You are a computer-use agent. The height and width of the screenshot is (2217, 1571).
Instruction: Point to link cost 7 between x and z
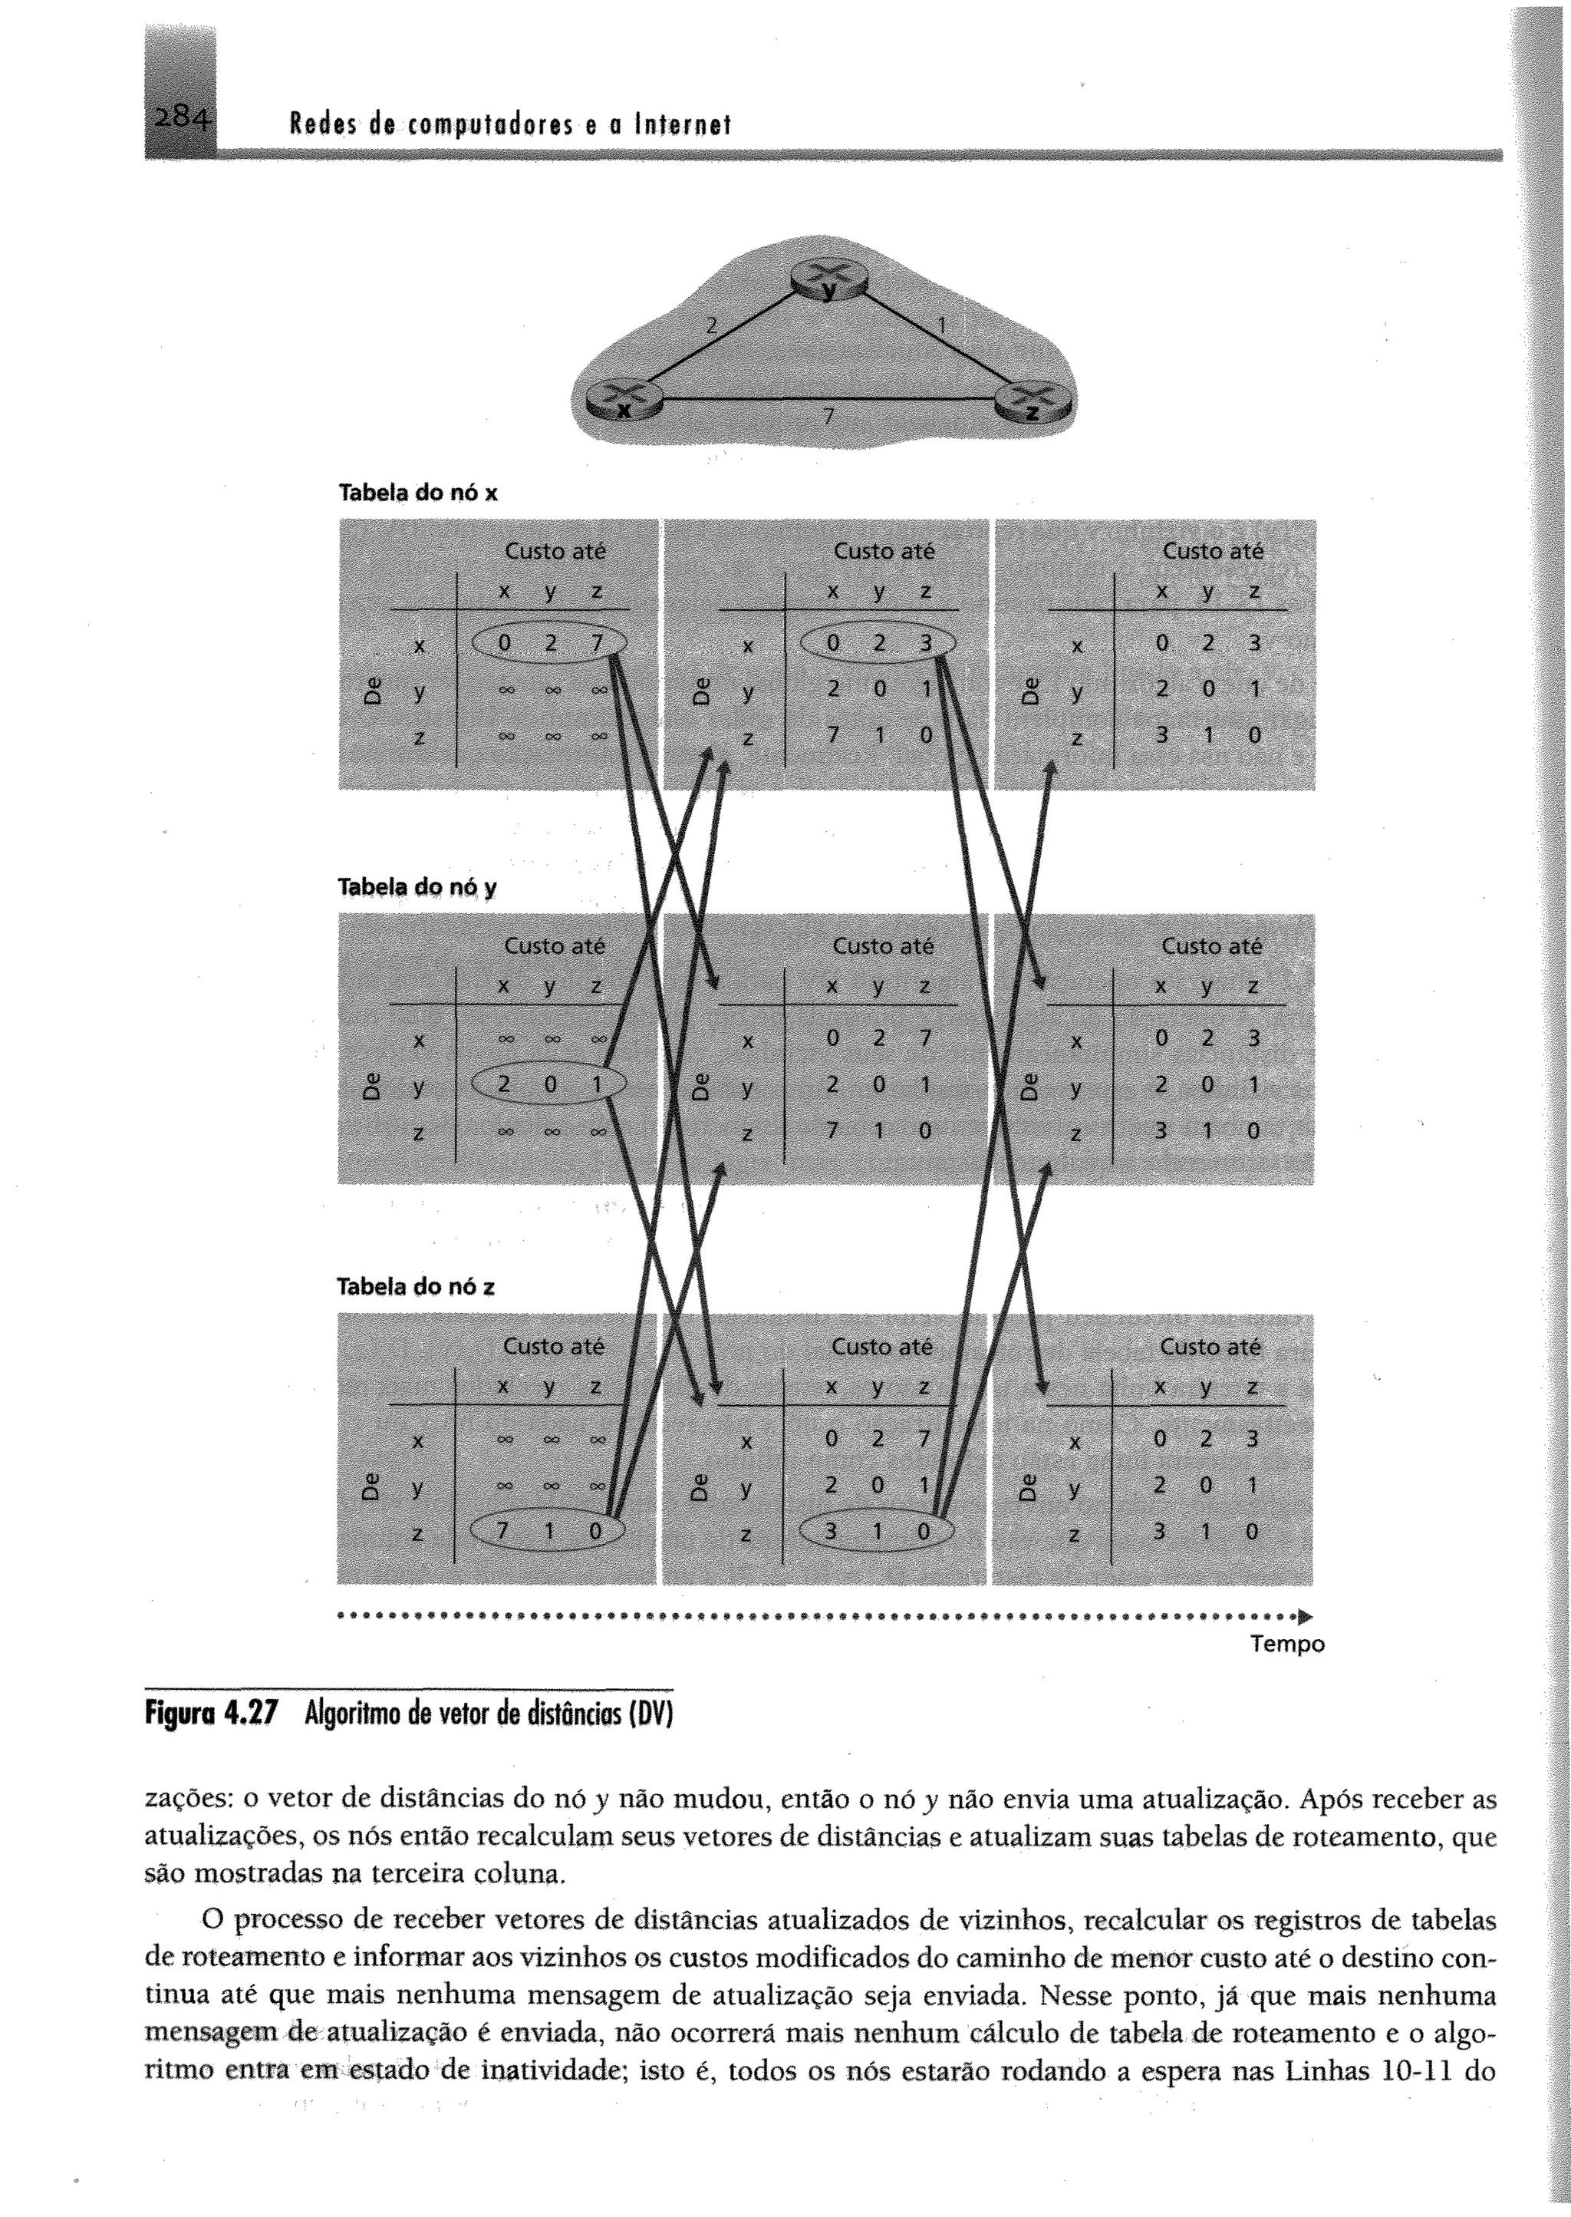pyautogui.click(x=828, y=417)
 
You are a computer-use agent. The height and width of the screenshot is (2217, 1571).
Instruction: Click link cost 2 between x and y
pyautogui.click(x=711, y=326)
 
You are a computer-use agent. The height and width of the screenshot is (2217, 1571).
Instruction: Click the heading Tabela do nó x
pyautogui.click(x=417, y=493)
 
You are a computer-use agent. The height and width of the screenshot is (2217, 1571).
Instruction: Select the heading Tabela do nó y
pyautogui.click(x=417, y=887)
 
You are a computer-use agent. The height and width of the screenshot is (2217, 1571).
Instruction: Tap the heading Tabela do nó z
pyautogui.click(x=416, y=1286)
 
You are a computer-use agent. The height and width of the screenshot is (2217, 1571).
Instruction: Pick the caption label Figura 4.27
pyautogui.click(x=210, y=1714)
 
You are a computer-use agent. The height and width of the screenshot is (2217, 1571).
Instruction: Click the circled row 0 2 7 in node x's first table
pyautogui.click(x=548, y=642)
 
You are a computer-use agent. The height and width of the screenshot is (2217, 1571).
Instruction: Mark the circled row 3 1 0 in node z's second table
pyautogui.click(x=877, y=1531)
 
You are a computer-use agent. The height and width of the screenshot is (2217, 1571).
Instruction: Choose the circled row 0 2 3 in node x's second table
pyautogui.click(x=878, y=642)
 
